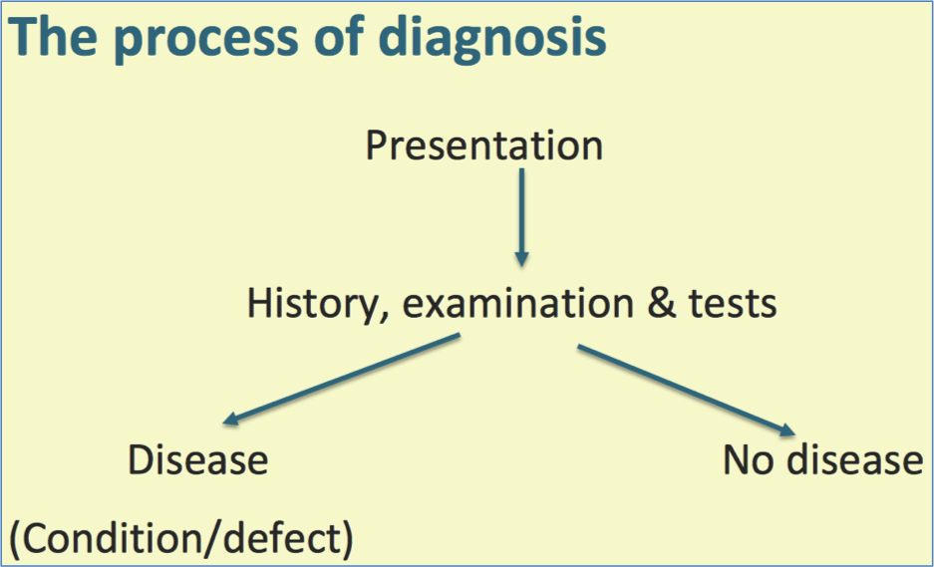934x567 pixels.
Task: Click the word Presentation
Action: [483, 145]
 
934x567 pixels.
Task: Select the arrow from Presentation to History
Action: [520, 216]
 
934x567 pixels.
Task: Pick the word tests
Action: [732, 303]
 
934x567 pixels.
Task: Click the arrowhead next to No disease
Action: [786, 429]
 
